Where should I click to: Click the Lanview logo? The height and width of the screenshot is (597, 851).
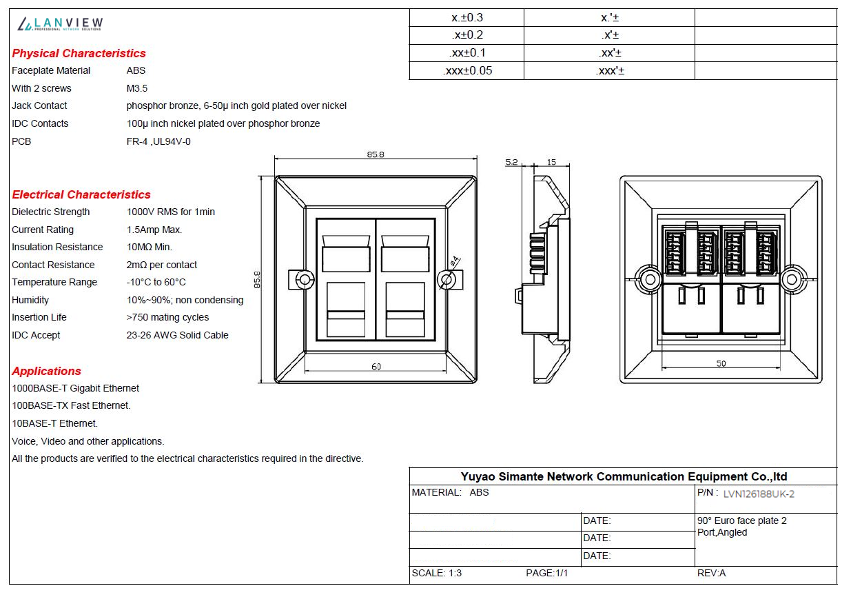click(x=60, y=24)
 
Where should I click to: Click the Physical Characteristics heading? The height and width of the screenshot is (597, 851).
click(x=79, y=53)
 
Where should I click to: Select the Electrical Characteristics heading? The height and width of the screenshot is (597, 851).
click(x=81, y=194)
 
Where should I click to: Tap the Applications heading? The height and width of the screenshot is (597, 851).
click(x=46, y=371)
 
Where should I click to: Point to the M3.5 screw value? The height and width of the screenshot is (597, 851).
click(x=136, y=88)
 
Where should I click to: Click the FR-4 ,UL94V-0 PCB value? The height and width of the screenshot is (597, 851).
click(x=158, y=142)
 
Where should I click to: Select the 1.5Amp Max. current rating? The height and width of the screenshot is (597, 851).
click(x=154, y=230)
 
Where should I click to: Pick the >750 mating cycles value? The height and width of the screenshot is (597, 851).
click(x=167, y=317)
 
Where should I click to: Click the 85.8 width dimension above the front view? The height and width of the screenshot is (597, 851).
click(x=376, y=154)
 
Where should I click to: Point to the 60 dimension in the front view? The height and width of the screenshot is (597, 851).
click(x=376, y=367)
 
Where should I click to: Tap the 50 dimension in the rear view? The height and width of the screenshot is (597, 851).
click(x=721, y=364)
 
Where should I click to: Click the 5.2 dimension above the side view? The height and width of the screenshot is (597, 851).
click(x=511, y=162)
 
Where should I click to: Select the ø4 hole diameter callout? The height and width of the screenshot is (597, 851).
click(x=454, y=261)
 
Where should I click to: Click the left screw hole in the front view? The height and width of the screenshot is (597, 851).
click(x=305, y=280)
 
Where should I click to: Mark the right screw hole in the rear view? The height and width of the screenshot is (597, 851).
click(x=792, y=280)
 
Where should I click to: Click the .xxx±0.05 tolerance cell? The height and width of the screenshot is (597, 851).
click(x=467, y=71)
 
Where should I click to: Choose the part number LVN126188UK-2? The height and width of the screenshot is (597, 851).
click(x=759, y=494)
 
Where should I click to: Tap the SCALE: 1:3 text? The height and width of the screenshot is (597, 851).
click(x=436, y=573)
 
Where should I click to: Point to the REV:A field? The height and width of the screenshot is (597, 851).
click(x=711, y=573)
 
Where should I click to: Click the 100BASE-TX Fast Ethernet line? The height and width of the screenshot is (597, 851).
click(x=71, y=405)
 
